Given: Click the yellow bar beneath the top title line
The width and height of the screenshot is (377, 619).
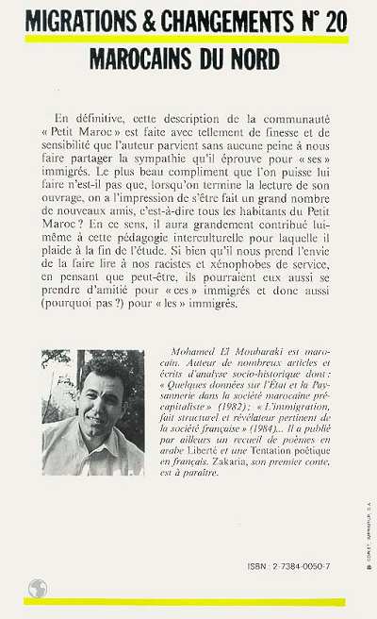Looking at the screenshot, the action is tap(188, 39).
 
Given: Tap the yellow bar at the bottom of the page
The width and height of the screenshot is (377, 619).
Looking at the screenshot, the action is tap(188, 601).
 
